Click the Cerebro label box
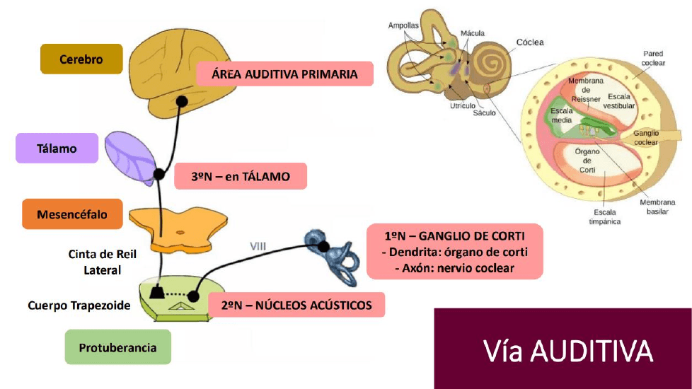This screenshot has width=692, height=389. [81, 59]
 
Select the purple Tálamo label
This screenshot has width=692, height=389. [57, 149]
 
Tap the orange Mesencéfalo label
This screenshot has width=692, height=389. [73, 214]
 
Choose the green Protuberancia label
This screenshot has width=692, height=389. [117, 347]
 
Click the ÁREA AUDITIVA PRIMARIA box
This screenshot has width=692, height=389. [284, 74]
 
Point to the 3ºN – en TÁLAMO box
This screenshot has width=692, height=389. [241, 176]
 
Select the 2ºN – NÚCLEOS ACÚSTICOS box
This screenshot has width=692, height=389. [297, 306]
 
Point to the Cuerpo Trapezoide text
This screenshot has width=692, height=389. [79, 306]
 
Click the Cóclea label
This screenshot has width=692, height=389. [530, 42]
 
